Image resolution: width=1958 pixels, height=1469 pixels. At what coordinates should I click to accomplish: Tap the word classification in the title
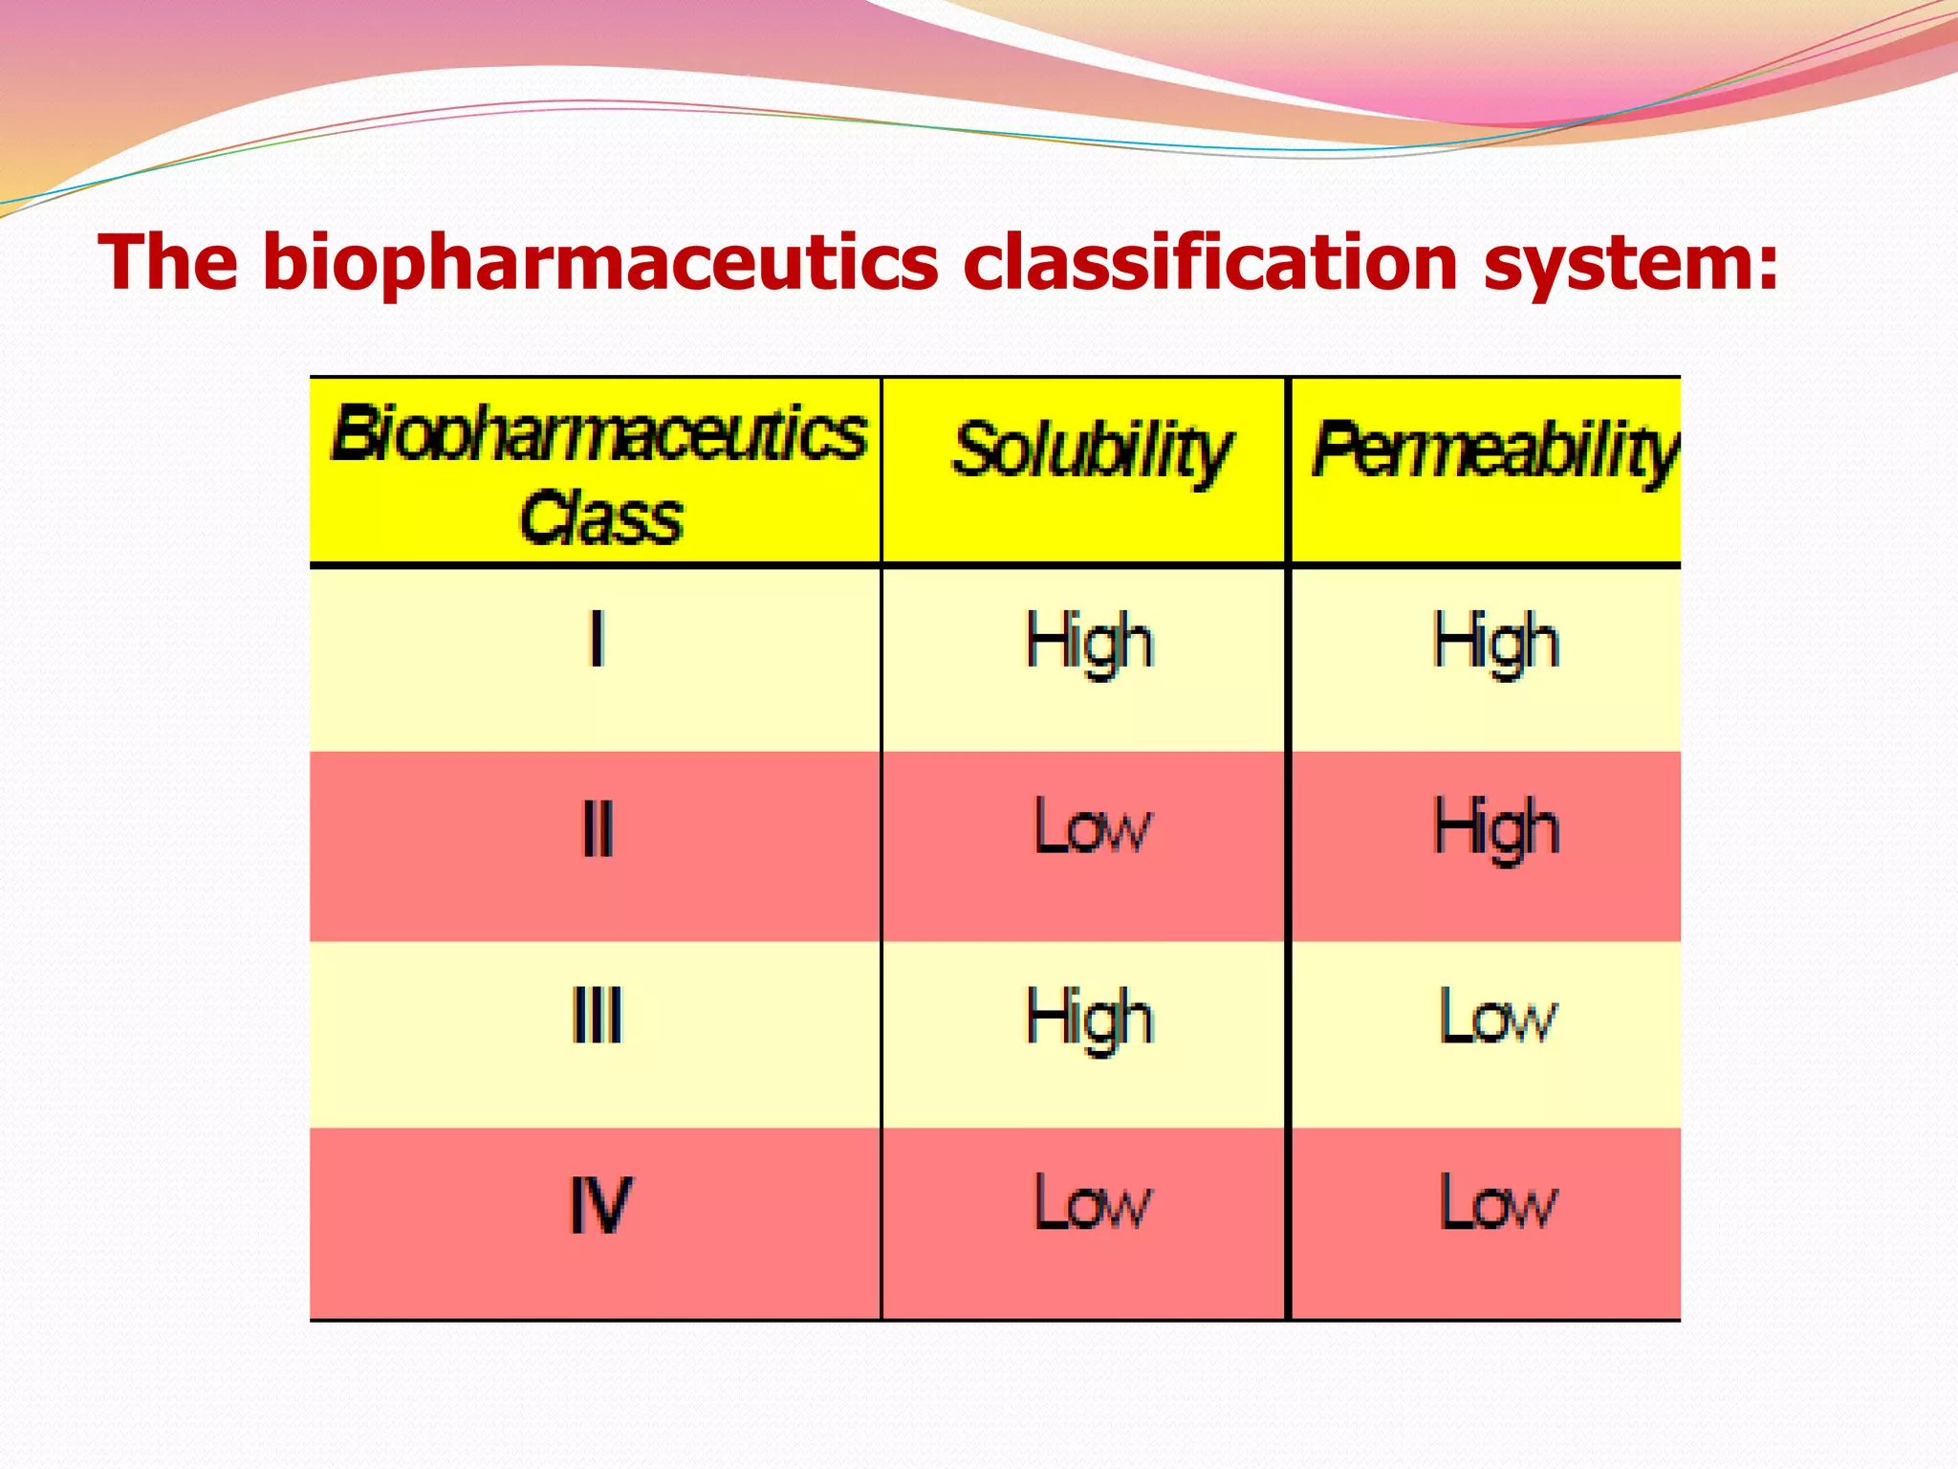1210,263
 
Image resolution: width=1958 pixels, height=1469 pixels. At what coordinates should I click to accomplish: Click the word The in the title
168,263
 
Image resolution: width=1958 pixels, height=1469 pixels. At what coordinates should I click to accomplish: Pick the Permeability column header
1493,449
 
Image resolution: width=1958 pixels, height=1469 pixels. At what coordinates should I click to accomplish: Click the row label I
597,639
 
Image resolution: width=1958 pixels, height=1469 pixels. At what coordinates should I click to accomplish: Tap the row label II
597,828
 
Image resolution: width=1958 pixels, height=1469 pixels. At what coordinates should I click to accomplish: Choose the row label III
597,1016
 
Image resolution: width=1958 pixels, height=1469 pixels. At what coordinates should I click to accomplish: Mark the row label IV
599,1204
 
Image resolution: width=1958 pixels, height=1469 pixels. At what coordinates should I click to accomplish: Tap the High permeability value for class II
1495,828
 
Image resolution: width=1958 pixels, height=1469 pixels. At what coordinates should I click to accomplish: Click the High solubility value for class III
1089,1019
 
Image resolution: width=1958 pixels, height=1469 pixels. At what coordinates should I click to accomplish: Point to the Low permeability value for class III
1497,1016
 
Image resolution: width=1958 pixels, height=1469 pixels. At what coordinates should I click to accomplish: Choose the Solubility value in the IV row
1092,1202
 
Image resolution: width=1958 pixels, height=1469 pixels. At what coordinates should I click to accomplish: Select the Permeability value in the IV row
1497,1202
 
